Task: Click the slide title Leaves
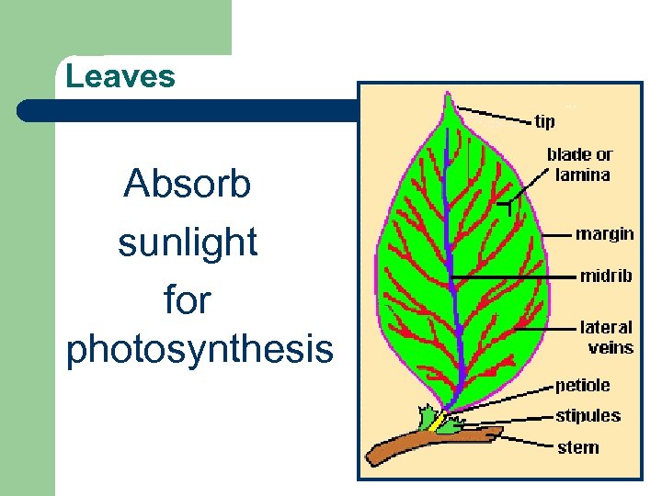tap(120, 76)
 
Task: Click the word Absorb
tap(187, 185)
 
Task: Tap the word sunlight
tap(187, 242)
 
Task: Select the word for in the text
tap(187, 299)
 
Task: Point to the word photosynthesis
tap(200, 350)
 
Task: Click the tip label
tap(545, 121)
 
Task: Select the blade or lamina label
tap(578, 164)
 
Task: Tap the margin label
tap(604, 234)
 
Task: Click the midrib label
tap(605, 276)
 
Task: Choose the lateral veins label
tap(606, 336)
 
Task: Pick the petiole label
tap(582, 386)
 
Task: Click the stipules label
tap(588, 415)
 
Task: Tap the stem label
tap(577, 447)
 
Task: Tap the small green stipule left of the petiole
tap(426, 419)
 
